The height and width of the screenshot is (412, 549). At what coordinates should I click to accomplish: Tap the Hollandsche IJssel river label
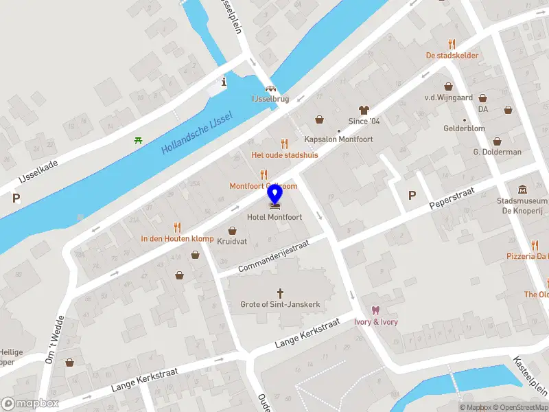point(197,133)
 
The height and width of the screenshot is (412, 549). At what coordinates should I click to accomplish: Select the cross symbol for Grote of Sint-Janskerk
point(280,293)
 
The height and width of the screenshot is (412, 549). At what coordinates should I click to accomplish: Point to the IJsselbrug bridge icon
point(271,89)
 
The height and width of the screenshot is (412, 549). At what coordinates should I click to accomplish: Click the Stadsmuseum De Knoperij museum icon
point(522,190)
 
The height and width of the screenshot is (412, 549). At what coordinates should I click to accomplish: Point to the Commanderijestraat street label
point(274,255)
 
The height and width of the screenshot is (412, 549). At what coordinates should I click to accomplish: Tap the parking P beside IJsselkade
point(16,198)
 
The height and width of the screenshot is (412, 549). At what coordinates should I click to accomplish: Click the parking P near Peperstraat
point(412,195)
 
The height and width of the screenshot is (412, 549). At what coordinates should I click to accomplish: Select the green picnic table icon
point(139,141)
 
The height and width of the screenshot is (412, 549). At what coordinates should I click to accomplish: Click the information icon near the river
point(224,82)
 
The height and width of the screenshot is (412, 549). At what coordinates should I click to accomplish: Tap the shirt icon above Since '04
point(364,110)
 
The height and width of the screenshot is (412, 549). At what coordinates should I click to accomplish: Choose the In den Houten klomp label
point(177,238)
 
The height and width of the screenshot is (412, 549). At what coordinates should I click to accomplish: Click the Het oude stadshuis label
point(285,154)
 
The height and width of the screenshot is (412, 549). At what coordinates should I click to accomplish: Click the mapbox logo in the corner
point(31,404)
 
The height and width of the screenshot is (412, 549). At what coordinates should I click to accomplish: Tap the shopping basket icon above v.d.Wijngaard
point(449,87)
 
